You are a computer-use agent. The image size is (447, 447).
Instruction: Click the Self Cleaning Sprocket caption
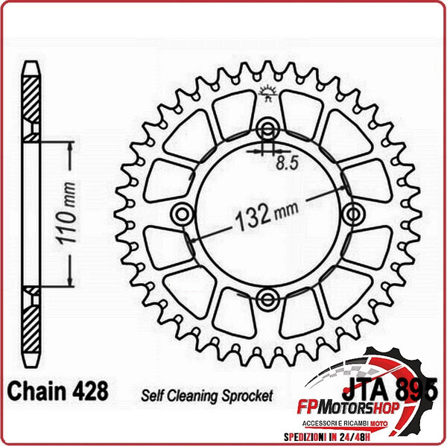point(206,395)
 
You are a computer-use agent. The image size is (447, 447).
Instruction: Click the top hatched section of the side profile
point(29,104)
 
